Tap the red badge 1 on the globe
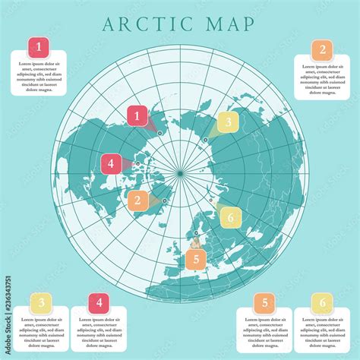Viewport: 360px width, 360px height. pyautogui.click(x=137, y=116)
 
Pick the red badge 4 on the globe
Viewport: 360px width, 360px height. pyautogui.click(x=111, y=163)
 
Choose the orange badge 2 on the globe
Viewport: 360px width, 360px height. pyautogui.click(x=138, y=201)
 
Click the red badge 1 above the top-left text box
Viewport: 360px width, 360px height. pyautogui.click(x=40, y=46)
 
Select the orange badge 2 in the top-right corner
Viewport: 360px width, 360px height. pyautogui.click(x=322, y=51)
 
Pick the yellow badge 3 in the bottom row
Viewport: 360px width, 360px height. pyautogui.click(x=40, y=304)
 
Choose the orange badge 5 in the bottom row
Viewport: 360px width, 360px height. pyautogui.click(x=264, y=304)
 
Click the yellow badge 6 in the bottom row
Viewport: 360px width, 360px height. pyautogui.click(x=322, y=304)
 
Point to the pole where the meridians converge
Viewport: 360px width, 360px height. pyautogui.click(x=180, y=174)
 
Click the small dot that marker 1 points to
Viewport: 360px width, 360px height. pyautogui.click(x=159, y=133)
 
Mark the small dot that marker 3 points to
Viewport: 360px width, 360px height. pyautogui.click(x=204, y=140)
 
